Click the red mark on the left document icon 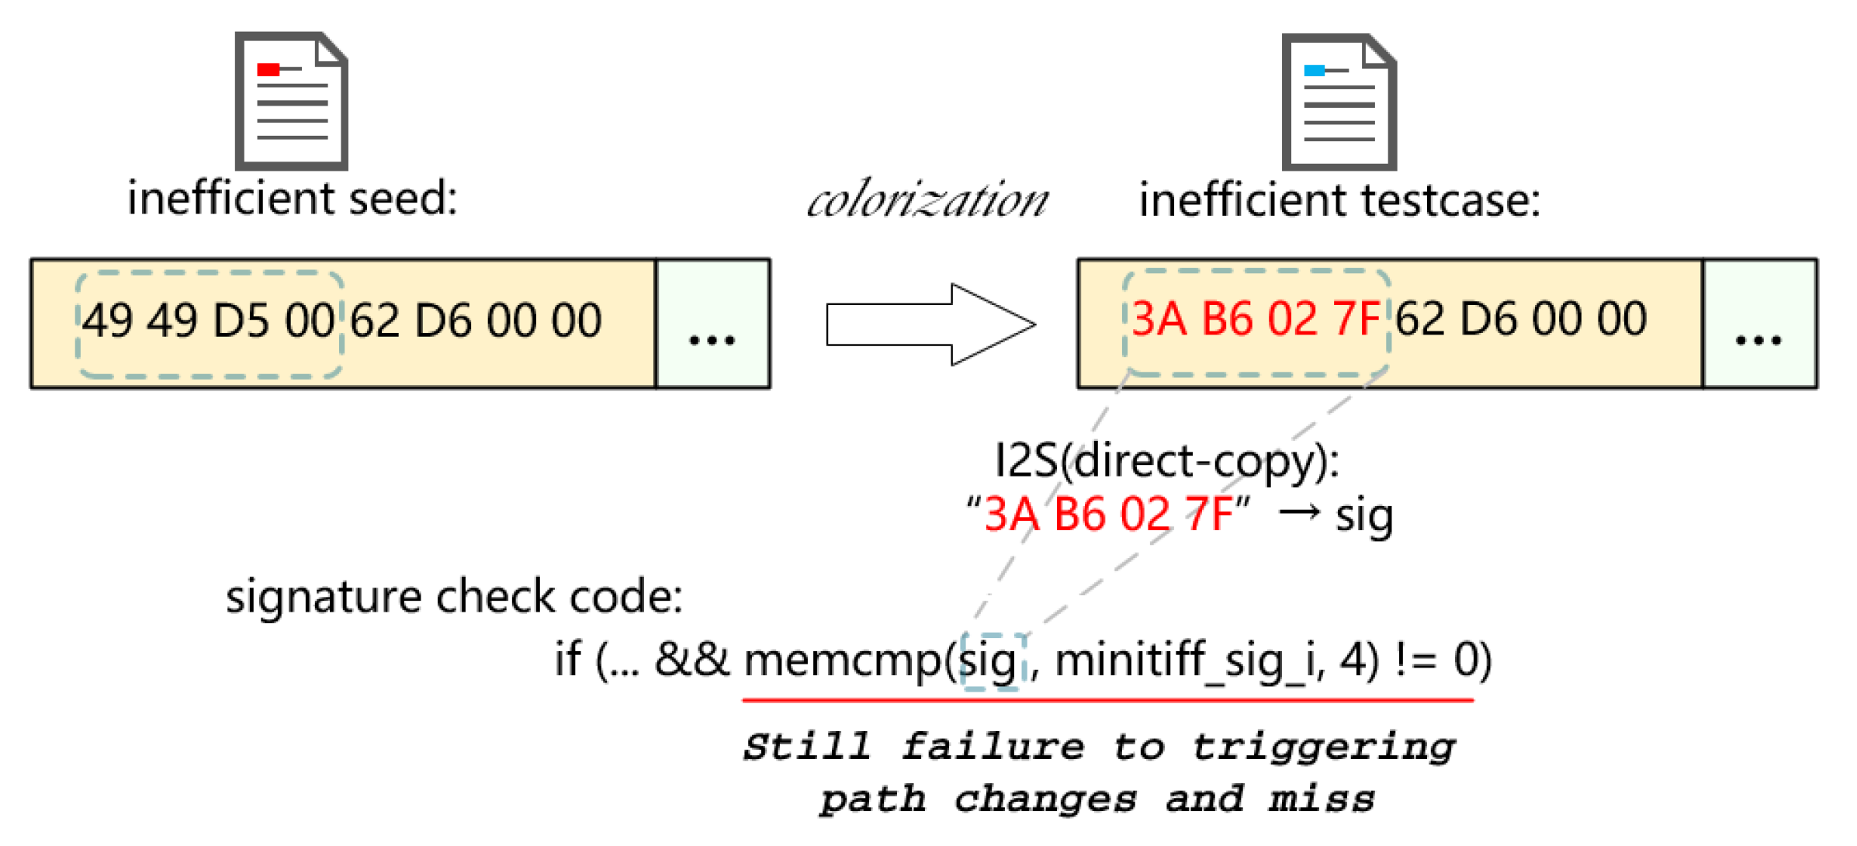[x=269, y=70]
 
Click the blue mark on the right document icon [x=1315, y=71]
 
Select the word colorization [x=928, y=200]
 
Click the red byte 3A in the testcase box [x=1159, y=319]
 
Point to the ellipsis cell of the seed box [x=712, y=324]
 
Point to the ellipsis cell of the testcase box [x=1758, y=324]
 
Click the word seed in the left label [x=403, y=199]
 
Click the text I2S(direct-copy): [x=1166, y=461]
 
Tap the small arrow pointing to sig [x=1300, y=512]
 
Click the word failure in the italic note [x=993, y=747]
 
